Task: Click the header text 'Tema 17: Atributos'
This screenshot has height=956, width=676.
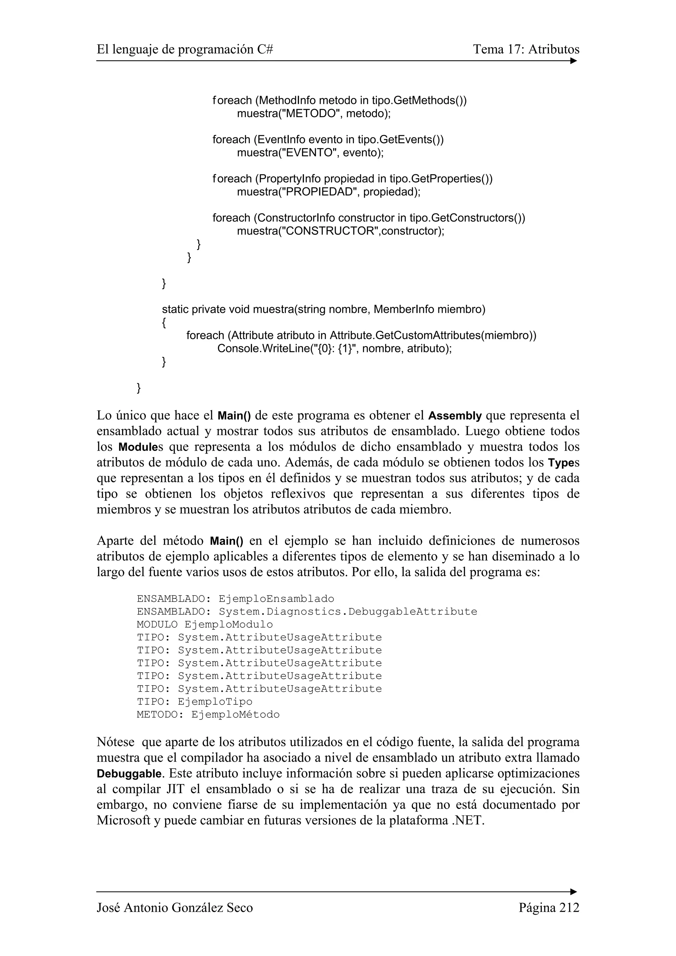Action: point(526,49)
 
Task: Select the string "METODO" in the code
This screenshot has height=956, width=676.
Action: point(310,114)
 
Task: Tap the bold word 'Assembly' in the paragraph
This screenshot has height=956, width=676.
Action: point(455,416)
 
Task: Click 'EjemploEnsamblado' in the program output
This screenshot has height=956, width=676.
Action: point(276,599)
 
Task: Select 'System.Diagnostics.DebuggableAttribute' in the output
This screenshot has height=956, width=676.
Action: point(348,612)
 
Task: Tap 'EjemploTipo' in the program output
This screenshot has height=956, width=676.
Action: point(215,702)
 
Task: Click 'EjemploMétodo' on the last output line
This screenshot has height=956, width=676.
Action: point(235,715)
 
